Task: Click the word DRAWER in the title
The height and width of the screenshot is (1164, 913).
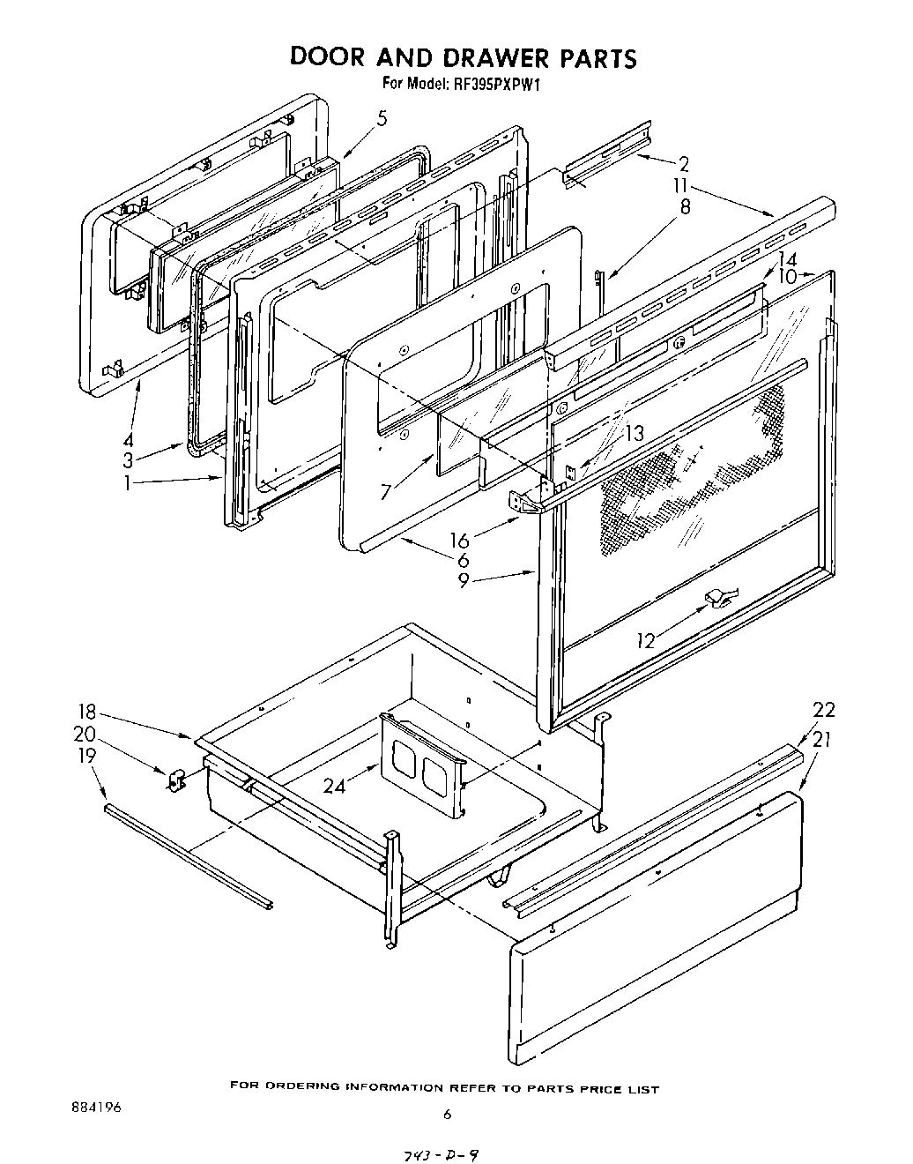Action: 489,58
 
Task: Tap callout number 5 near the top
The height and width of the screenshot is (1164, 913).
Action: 381,119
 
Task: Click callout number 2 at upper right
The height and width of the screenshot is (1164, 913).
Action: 684,163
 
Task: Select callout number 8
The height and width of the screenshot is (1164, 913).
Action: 684,208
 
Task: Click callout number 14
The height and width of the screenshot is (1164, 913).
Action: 787,260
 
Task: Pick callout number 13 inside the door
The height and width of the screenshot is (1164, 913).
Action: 635,433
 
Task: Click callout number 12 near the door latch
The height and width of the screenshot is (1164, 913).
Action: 646,640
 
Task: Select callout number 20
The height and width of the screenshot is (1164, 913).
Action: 85,735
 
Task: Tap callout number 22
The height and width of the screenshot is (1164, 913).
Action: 823,711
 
